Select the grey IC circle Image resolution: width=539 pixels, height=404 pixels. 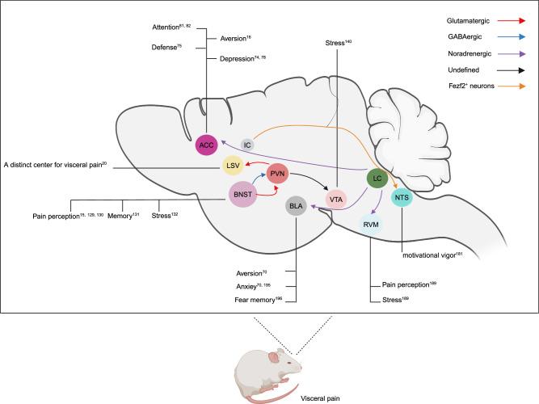tap(249, 144)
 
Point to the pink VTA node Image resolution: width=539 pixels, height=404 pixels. tap(336, 197)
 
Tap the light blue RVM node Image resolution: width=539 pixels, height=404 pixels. tap(370, 226)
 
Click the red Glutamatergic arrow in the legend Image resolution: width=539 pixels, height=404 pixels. tap(515, 15)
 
